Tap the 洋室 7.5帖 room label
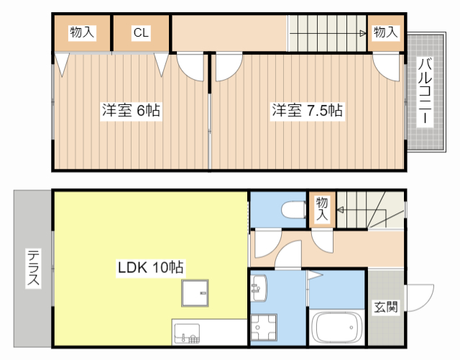[306, 111]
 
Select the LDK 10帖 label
[151, 268]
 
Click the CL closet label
[141, 32]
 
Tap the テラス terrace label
[33, 268]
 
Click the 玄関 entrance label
[385, 308]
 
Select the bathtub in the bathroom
[337, 328]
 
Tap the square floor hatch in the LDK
[195, 292]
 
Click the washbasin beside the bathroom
[259, 288]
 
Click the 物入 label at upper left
[82, 32]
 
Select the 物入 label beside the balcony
[385, 32]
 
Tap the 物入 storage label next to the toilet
[321, 209]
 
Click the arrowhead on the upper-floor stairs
[363, 33]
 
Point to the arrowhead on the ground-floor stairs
[341, 210]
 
